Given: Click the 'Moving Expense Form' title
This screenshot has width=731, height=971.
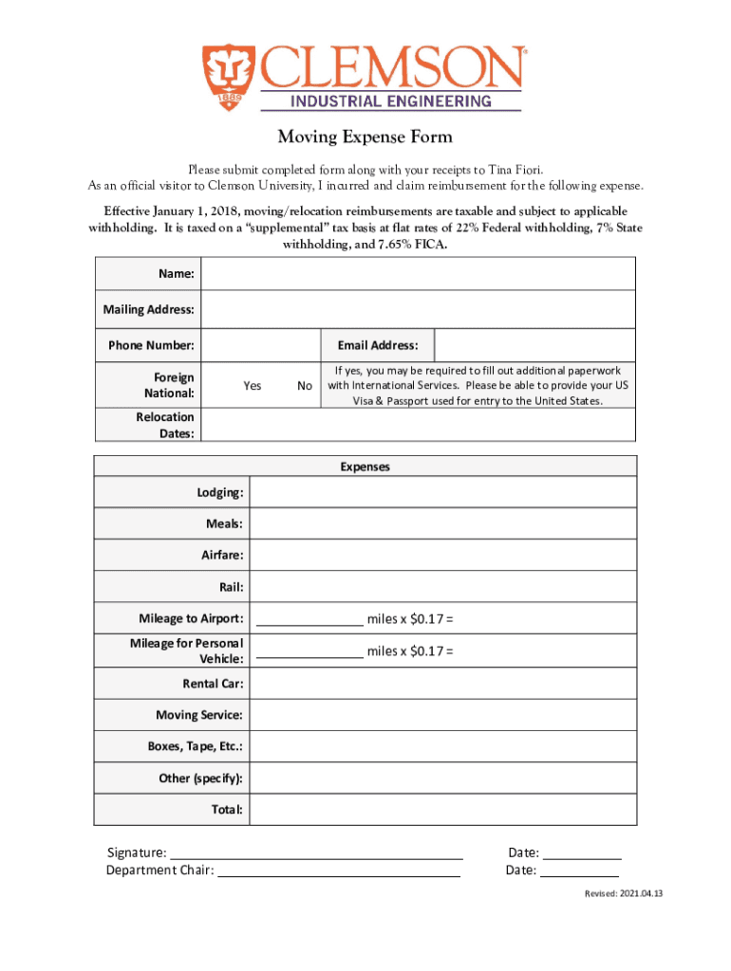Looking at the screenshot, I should point(365,137).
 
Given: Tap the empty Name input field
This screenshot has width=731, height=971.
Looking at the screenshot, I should point(419,274).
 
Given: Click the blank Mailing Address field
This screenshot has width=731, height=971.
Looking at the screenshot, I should point(419,309).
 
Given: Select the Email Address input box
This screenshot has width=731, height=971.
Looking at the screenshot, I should point(534,345).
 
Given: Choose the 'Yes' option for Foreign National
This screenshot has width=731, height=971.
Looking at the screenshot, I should point(253,386).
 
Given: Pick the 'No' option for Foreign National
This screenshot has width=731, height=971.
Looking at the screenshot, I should point(305,386).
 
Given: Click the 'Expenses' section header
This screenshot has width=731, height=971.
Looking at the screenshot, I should point(365,467).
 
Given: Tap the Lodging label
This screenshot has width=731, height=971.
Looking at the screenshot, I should point(219,493).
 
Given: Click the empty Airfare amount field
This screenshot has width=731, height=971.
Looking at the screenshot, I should point(443,556).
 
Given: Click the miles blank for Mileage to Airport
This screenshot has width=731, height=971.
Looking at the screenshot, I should point(309,620).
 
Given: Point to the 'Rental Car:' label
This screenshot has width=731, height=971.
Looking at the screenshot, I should point(213,684).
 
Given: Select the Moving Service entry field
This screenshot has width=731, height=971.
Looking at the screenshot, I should point(443,715).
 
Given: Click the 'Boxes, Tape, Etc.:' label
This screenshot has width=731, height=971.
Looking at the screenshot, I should point(195,746).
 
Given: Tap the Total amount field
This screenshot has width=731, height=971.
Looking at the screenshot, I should point(443,810).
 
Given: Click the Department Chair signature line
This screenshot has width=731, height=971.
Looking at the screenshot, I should point(339,870).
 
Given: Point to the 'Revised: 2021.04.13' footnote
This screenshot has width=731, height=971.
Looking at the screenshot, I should point(623,894).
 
